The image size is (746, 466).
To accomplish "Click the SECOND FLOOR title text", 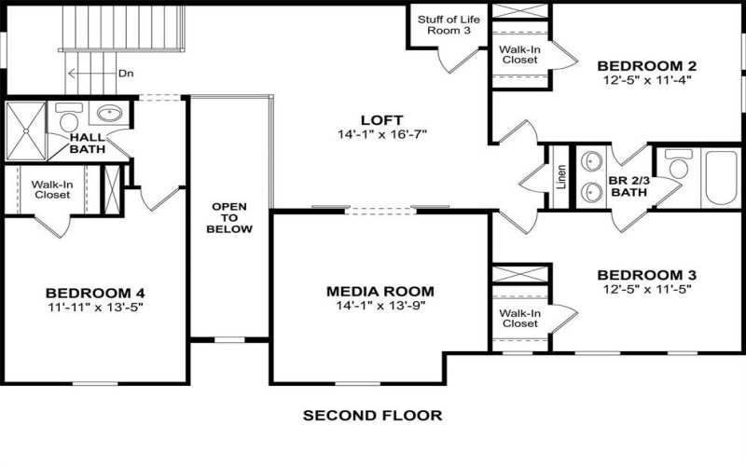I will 372,415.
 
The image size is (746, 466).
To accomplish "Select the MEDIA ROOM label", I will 380,291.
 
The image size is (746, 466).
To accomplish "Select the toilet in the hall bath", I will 68,119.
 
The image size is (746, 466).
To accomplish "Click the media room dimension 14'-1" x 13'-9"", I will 380,307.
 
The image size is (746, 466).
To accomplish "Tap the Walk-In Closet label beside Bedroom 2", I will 520,53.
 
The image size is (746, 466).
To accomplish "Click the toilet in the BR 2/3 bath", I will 678,169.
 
